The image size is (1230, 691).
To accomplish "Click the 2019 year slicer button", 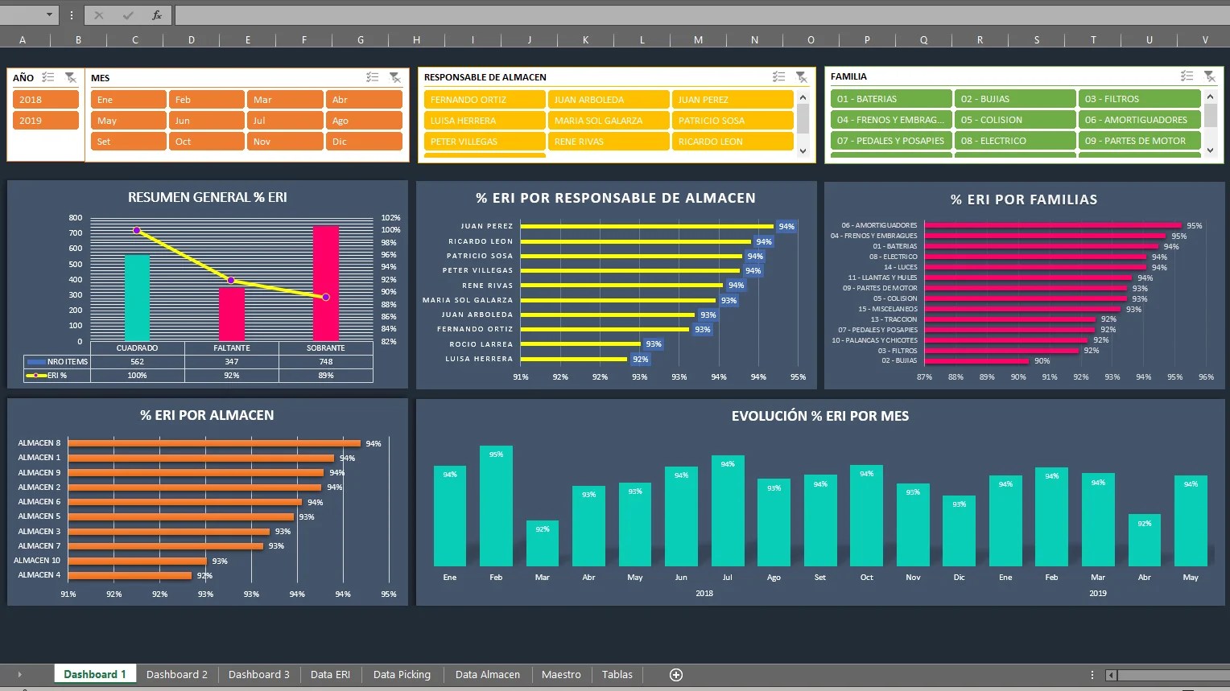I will [x=45, y=121].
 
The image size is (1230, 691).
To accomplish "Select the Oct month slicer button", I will [x=205, y=142].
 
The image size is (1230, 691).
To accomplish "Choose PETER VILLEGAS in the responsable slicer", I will [x=484, y=142].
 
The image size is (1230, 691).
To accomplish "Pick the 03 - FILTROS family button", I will [x=1138, y=99].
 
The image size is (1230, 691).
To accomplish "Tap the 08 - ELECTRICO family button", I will [x=1014, y=141].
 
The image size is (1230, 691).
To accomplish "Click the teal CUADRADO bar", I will [x=137, y=298].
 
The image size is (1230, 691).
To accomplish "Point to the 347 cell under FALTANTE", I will [x=232, y=362].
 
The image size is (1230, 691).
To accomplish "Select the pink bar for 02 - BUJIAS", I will [x=977, y=361].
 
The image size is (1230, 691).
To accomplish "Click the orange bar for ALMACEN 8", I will [x=214, y=443].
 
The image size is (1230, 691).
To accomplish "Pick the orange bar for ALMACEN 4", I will [x=130, y=575].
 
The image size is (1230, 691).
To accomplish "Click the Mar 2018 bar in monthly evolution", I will [x=542, y=543].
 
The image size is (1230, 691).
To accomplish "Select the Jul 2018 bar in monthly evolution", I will [x=728, y=511].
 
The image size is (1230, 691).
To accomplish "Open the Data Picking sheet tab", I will [x=402, y=675].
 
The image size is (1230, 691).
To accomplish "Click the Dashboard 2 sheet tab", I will [x=176, y=675].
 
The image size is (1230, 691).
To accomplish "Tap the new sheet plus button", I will [x=676, y=675].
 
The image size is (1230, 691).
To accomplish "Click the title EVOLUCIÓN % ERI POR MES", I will [x=819, y=416].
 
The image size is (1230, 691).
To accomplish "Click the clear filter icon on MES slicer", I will [x=394, y=78].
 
